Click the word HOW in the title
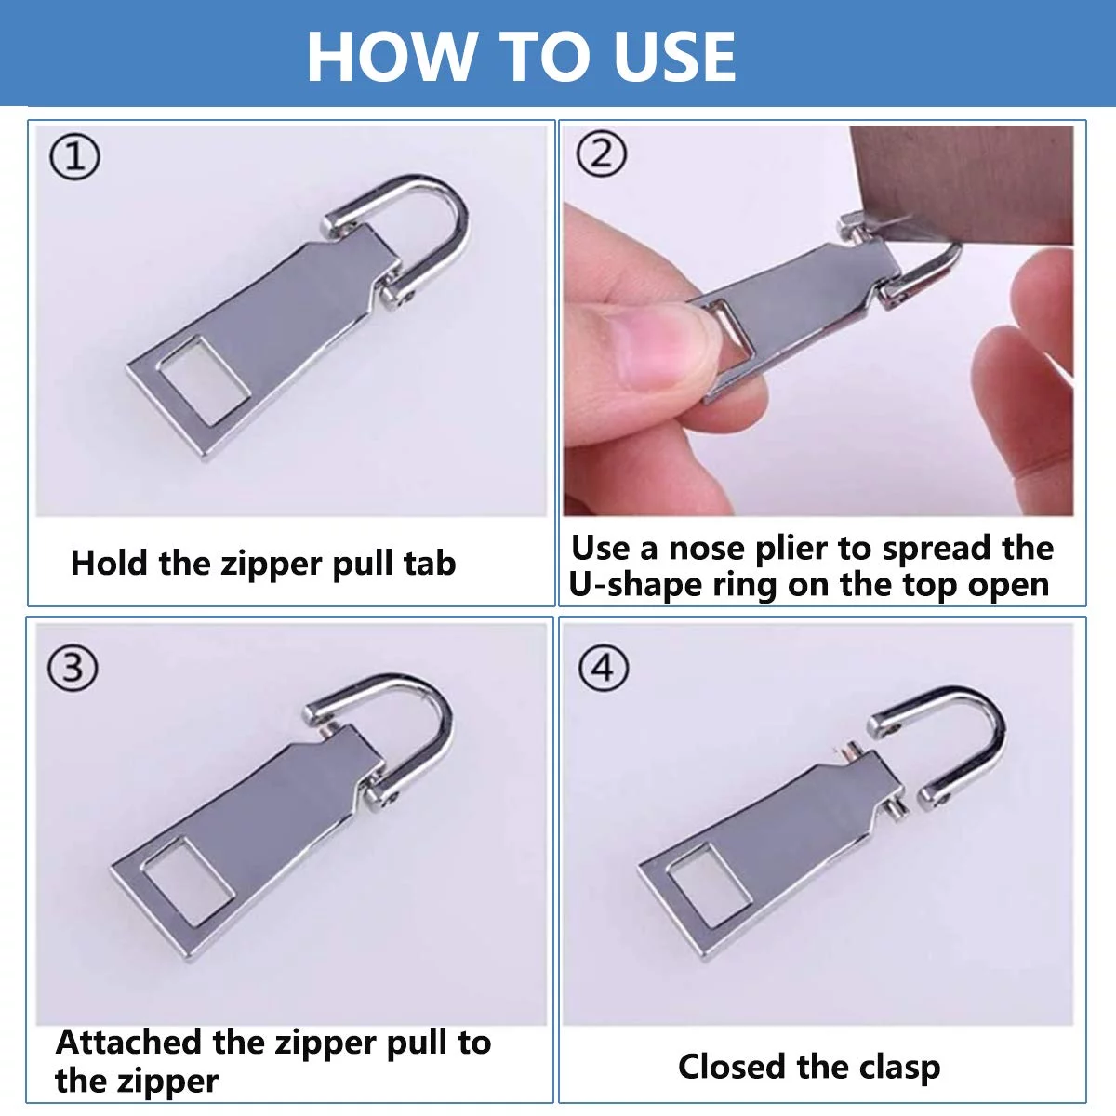tap(390, 56)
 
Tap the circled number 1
tap(74, 157)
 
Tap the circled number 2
tap(602, 153)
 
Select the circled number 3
tap(73, 669)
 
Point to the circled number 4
tap(604, 669)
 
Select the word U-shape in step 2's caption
tap(636, 585)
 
